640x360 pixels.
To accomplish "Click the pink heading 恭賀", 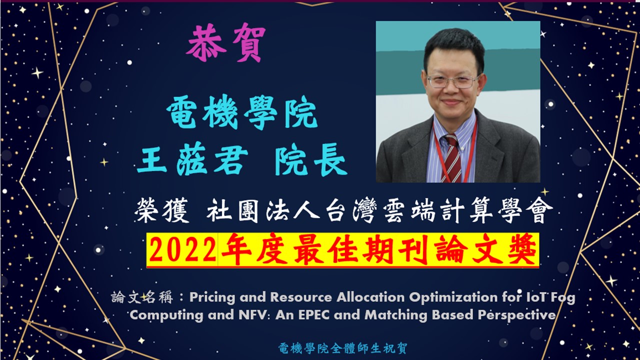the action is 225,42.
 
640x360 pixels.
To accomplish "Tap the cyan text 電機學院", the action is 242,112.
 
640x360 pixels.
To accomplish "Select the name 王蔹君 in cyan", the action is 192,159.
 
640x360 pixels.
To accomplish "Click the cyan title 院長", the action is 311,159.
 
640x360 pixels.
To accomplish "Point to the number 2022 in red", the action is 182,250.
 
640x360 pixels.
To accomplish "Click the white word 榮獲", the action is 161,210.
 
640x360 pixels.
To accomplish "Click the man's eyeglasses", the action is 453,81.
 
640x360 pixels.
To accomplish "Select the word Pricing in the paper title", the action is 212,297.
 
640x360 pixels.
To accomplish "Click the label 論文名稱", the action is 142,297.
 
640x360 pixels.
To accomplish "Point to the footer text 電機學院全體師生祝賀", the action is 342,348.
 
